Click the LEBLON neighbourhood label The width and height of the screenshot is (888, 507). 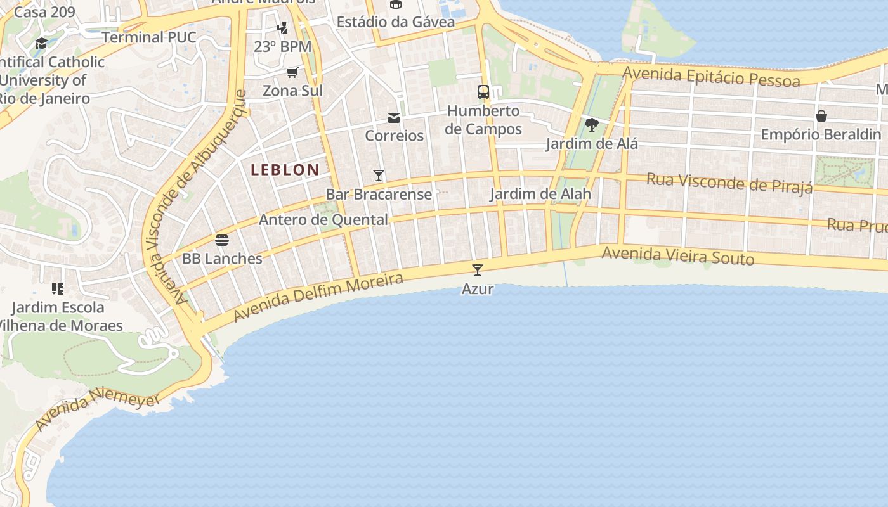coord(285,170)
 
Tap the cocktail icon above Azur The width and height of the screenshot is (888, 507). coord(478,269)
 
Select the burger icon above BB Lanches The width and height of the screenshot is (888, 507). coord(222,240)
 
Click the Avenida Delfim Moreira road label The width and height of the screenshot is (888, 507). coord(318,297)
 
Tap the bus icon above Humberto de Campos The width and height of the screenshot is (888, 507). coord(483,92)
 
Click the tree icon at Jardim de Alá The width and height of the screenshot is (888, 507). coord(591,124)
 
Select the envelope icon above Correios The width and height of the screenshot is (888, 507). coord(394,117)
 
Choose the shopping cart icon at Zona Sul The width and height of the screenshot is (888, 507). coord(292,72)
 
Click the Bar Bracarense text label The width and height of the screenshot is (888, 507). coord(379,194)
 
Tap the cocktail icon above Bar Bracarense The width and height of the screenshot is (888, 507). coord(379,176)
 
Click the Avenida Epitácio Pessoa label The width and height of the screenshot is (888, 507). coord(710,77)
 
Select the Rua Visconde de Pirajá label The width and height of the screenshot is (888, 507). coord(729,183)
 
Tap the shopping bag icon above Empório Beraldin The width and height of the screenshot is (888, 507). coord(821,116)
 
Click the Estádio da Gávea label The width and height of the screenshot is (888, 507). coord(395,22)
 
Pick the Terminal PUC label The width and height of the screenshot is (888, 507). coord(149,37)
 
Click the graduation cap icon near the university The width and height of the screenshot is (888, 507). coord(42,43)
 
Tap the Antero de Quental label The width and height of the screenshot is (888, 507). coord(323,220)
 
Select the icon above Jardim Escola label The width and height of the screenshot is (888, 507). coord(58,289)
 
